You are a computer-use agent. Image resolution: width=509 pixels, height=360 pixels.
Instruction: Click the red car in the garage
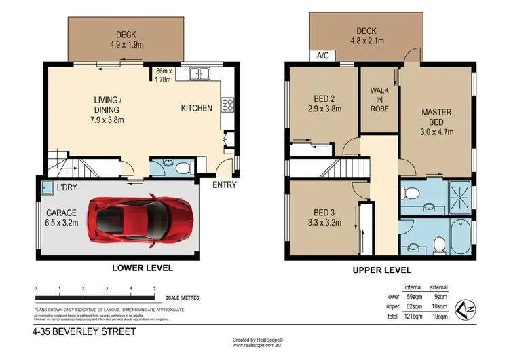[x=145, y=221]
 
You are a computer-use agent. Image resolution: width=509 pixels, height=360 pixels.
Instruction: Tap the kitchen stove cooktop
[x=228, y=105]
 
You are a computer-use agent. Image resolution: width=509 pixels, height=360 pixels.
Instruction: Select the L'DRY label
[x=67, y=187]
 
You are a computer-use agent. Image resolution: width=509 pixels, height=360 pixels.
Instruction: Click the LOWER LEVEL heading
[x=143, y=268]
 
